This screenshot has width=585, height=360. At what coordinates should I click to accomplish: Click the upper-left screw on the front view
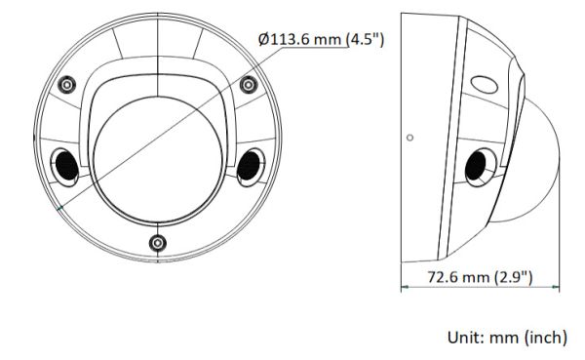(x=65, y=85)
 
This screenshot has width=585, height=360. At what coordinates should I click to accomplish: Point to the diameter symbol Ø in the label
(x=264, y=38)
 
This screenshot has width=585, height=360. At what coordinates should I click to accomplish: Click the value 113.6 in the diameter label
(x=292, y=38)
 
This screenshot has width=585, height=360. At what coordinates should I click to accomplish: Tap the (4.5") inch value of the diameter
(x=366, y=38)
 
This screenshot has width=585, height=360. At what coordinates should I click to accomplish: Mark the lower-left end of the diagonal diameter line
(x=60, y=207)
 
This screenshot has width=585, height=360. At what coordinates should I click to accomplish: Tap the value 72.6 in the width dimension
(x=444, y=277)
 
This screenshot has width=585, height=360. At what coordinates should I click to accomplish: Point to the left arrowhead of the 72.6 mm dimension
(x=407, y=288)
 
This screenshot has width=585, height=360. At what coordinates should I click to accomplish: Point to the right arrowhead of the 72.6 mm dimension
(x=556, y=288)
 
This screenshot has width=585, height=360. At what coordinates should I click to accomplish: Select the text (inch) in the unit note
(x=542, y=338)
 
